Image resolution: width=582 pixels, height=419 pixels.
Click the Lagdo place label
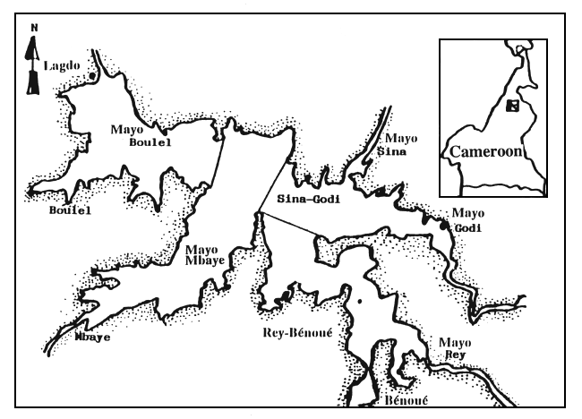[x=64, y=66]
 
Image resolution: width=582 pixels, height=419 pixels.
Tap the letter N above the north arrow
[x=33, y=28]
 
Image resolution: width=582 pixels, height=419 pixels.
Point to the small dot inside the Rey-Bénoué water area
[x=357, y=302]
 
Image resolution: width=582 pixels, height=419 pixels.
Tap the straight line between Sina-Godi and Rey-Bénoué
[x=287, y=224]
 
